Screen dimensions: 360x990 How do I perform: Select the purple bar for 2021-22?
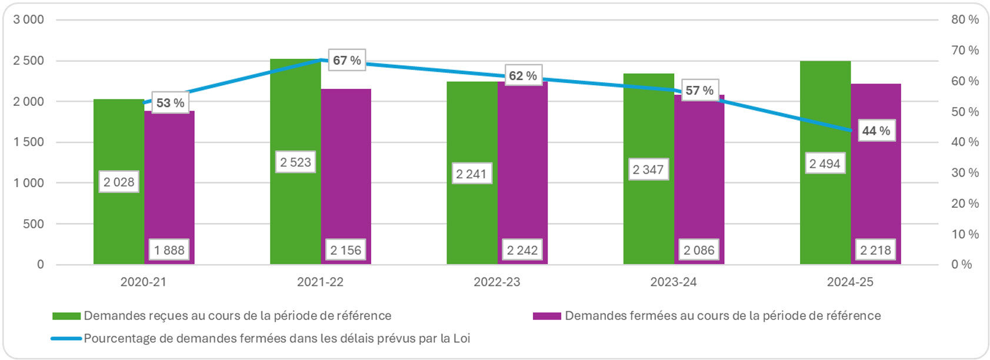click(x=346, y=176)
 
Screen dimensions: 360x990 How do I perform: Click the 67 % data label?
click(x=346, y=60)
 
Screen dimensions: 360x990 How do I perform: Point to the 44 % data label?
click(x=876, y=131)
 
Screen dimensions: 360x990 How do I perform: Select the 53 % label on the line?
click(x=170, y=103)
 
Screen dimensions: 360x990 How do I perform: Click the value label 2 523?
click(x=295, y=162)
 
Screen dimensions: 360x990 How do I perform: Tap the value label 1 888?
click(x=169, y=250)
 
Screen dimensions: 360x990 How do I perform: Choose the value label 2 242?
click(x=522, y=250)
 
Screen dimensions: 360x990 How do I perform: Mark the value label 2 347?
click(x=648, y=169)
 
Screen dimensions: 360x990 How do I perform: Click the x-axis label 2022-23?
click(x=496, y=282)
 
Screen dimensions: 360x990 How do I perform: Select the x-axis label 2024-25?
click(x=849, y=282)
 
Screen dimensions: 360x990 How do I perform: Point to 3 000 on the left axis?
click(x=29, y=19)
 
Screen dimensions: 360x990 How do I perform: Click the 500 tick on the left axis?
click(x=33, y=224)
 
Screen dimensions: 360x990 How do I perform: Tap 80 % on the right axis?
click(x=965, y=19)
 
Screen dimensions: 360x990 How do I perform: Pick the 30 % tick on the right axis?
click(x=965, y=173)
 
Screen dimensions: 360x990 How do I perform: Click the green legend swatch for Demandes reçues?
click(x=66, y=316)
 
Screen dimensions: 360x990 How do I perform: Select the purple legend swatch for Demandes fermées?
click(x=546, y=316)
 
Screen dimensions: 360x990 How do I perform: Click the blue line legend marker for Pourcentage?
click(x=66, y=339)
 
